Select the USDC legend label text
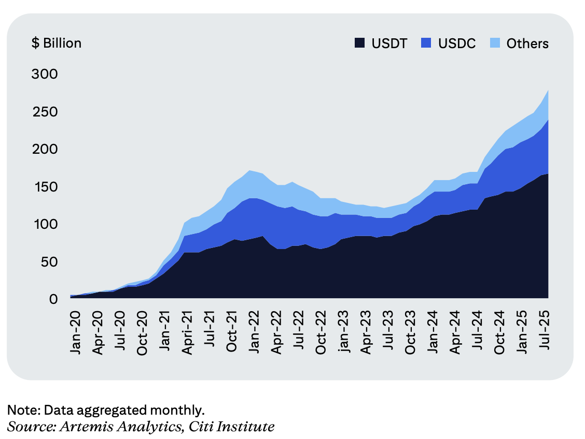tap(457, 43)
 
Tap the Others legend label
tap(527, 43)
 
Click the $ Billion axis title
tap(57, 43)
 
